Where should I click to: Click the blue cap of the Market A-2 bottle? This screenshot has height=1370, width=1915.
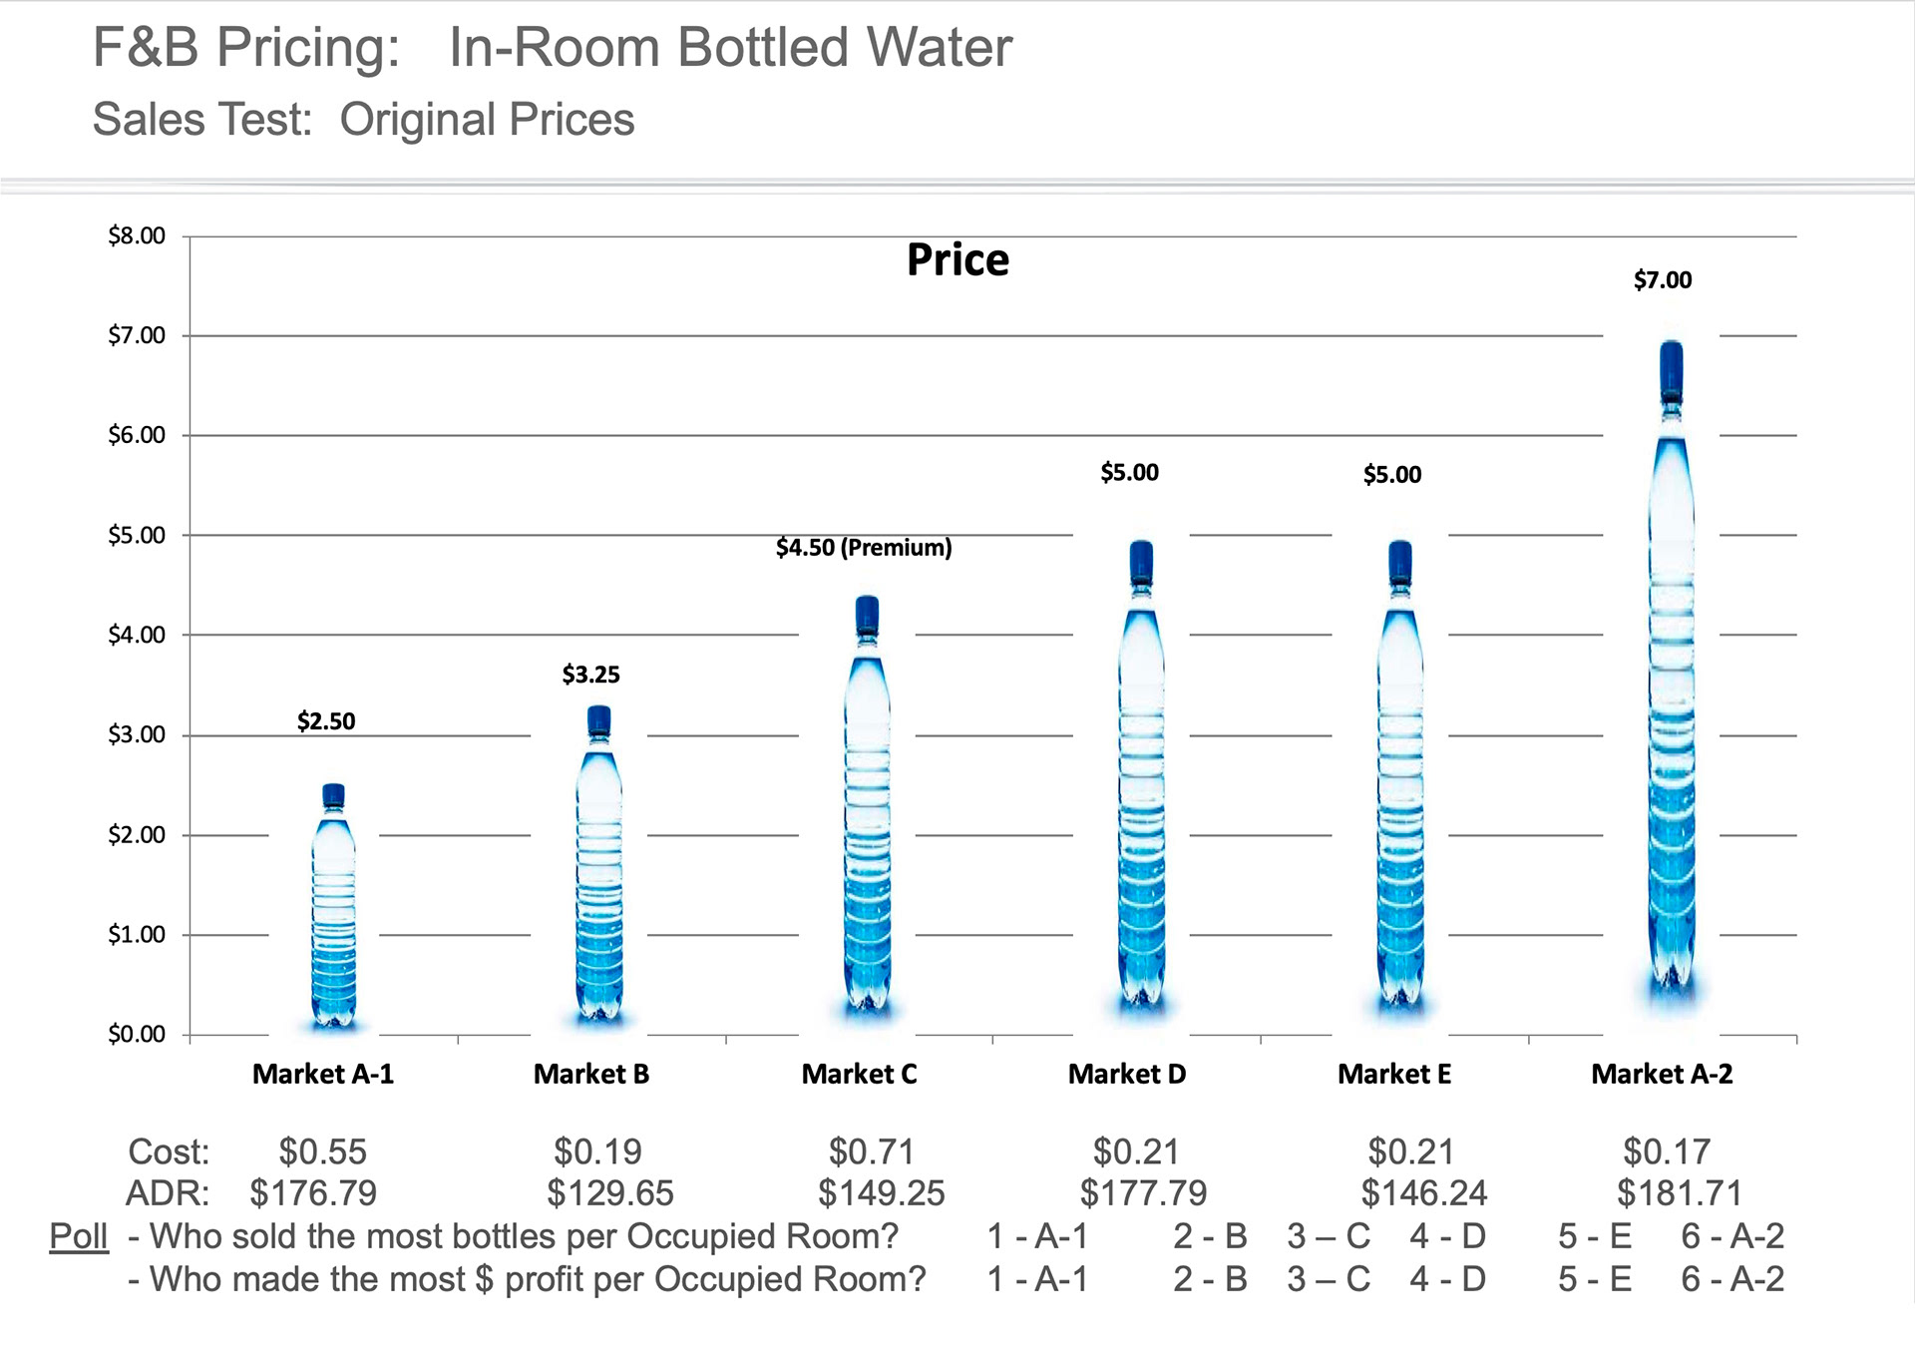[1672, 366]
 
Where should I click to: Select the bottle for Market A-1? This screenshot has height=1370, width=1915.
[333, 908]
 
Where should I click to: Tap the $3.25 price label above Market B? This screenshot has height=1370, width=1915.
[590, 675]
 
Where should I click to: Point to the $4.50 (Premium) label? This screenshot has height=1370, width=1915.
[864, 548]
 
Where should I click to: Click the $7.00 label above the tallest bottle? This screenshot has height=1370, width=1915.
[1663, 280]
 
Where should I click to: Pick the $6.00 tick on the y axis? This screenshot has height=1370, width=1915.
[137, 435]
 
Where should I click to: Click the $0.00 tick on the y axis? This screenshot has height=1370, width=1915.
[137, 1034]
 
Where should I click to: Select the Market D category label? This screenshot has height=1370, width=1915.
[1127, 1074]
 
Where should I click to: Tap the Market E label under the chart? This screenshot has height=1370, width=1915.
[1394, 1074]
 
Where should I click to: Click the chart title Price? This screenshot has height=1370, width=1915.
[957, 260]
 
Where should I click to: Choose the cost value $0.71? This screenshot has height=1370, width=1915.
[872, 1151]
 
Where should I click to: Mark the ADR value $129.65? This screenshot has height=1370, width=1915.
[610, 1192]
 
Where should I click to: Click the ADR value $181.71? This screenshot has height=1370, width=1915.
[1680, 1192]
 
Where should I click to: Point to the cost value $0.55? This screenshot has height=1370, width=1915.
[323, 1151]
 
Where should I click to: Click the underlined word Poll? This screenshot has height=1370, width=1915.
[79, 1236]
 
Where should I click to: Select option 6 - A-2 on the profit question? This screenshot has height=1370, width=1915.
[1732, 1279]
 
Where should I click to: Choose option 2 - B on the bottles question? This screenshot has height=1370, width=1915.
[1210, 1236]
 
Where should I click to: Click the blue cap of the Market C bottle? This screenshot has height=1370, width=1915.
[867, 615]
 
